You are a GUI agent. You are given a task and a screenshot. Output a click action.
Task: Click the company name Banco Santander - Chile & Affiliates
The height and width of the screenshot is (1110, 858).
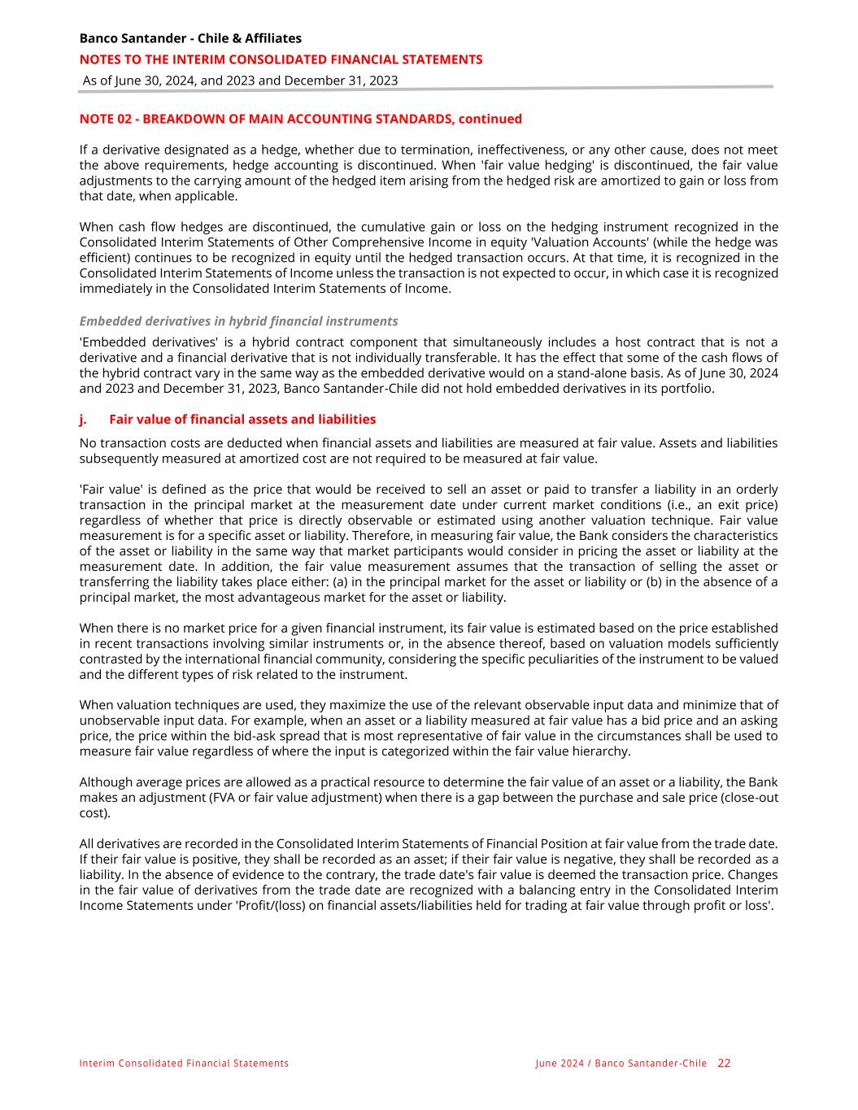[x=190, y=38]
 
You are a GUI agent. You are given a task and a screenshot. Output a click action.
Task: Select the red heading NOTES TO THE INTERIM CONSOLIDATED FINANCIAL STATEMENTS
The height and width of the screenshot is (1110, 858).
[x=281, y=59]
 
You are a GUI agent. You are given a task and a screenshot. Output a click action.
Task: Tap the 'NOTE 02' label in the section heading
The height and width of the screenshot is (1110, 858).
[x=105, y=119]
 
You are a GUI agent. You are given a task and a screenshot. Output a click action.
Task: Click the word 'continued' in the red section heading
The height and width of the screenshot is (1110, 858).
[x=490, y=119]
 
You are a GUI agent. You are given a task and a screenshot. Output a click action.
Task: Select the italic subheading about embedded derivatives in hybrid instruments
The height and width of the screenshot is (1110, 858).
[x=238, y=321]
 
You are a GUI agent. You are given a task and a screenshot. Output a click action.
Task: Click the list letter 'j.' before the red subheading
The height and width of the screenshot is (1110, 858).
[x=84, y=420]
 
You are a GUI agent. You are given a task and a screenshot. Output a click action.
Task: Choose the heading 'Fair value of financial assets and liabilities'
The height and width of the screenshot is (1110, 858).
[x=242, y=420]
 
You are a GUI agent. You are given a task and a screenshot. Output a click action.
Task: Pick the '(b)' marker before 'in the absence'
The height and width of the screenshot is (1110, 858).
[x=656, y=581]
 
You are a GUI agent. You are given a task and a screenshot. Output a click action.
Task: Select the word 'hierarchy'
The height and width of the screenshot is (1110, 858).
[x=601, y=751]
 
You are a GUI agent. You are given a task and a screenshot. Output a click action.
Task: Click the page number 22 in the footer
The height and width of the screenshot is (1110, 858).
[x=724, y=1063]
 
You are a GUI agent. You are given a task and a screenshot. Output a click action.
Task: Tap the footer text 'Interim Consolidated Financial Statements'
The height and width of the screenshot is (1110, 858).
[x=184, y=1064]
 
